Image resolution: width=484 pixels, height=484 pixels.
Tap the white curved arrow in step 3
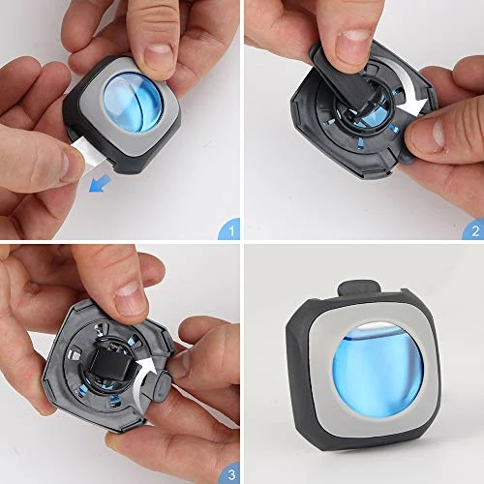[148, 372]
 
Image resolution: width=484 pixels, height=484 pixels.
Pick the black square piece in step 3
[107, 369]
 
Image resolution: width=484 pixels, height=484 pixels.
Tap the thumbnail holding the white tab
[62, 165]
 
